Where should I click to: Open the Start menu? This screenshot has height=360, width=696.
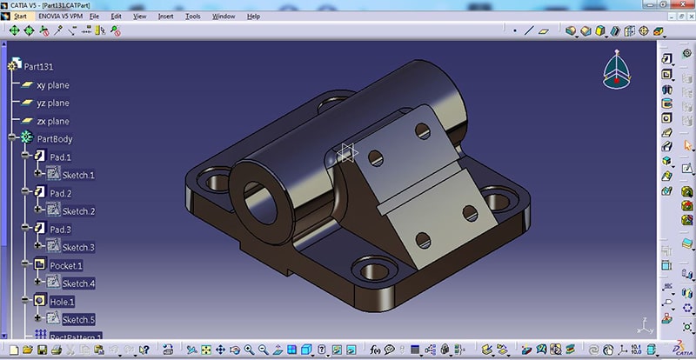(x=20, y=16)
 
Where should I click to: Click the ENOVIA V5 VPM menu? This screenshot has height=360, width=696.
(x=62, y=16)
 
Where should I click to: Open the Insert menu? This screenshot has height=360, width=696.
(x=165, y=16)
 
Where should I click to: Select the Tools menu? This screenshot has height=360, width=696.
(x=192, y=16)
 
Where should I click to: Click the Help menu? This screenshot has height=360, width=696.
(x=253, y=16)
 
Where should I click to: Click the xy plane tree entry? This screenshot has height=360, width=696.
(x=52, y=85)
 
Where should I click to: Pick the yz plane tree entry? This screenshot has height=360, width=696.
(x=52, y=103)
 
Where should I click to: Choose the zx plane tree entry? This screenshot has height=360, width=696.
(x=52, y=121)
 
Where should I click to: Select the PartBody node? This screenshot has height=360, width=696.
(x=55, y=139)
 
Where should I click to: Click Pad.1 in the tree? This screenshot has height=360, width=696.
(x=60, y=157)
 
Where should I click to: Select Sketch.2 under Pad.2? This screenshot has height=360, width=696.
(x=77, y=211)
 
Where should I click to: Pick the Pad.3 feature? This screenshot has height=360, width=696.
(x=60, y=229)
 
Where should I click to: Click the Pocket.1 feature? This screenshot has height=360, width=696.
(x=66, y=265)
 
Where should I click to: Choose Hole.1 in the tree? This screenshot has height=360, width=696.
(x=62, y=301)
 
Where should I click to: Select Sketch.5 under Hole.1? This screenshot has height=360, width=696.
(x=77, y=319)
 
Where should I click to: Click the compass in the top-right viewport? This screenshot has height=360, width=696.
(x=614, y=70)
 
